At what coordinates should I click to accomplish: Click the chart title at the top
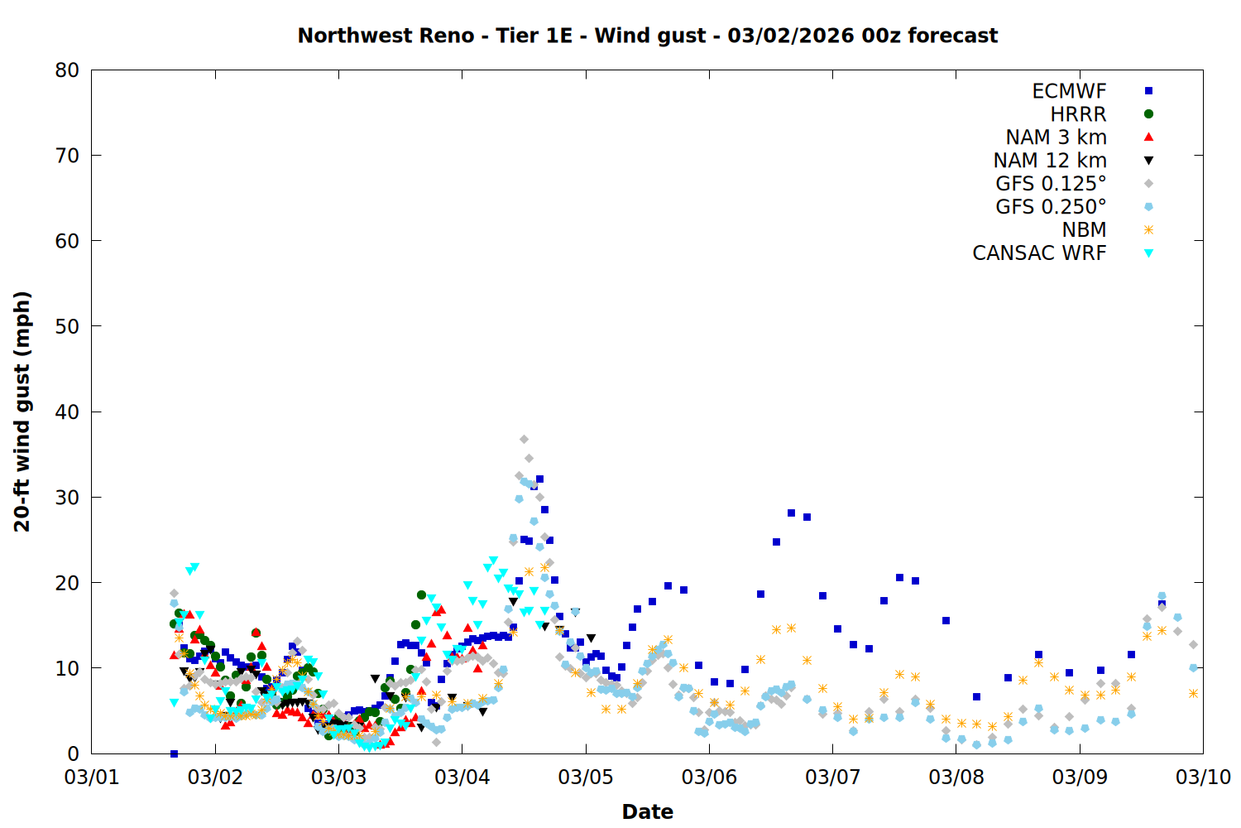(x=647, y=36)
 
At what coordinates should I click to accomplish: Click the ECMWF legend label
(x=1069, y=91)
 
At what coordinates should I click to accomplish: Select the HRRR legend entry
(x=1078, y=114)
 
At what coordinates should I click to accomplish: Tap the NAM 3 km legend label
(x=1056, y=137)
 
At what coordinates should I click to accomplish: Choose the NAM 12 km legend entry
(x=1050, y=161)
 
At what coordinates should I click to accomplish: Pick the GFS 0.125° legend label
(x=1051, y=184)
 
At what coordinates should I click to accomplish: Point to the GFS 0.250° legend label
(x=1051, y=207)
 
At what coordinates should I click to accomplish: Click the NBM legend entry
(x=1084, y=230)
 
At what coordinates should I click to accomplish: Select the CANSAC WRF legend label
(x=1039, y=253)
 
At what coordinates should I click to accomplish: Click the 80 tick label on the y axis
(x=67, y=70)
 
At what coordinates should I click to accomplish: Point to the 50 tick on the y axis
(x=67, y=326)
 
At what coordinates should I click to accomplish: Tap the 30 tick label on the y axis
(x=67, y=497)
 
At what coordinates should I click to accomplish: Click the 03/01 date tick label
(x=92, y=777)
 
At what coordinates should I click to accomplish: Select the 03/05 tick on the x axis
(x=586, y=777)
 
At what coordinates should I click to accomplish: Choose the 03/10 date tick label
(x=1203, y=777)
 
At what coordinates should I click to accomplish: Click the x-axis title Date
(x=647, y=811)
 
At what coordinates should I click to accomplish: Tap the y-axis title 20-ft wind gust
(x=22, y=412)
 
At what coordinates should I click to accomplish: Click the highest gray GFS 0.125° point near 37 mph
(x=524, y=440)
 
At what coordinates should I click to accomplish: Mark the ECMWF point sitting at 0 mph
(x=174, y=753)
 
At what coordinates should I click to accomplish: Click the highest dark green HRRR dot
(x=421, y=595)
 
